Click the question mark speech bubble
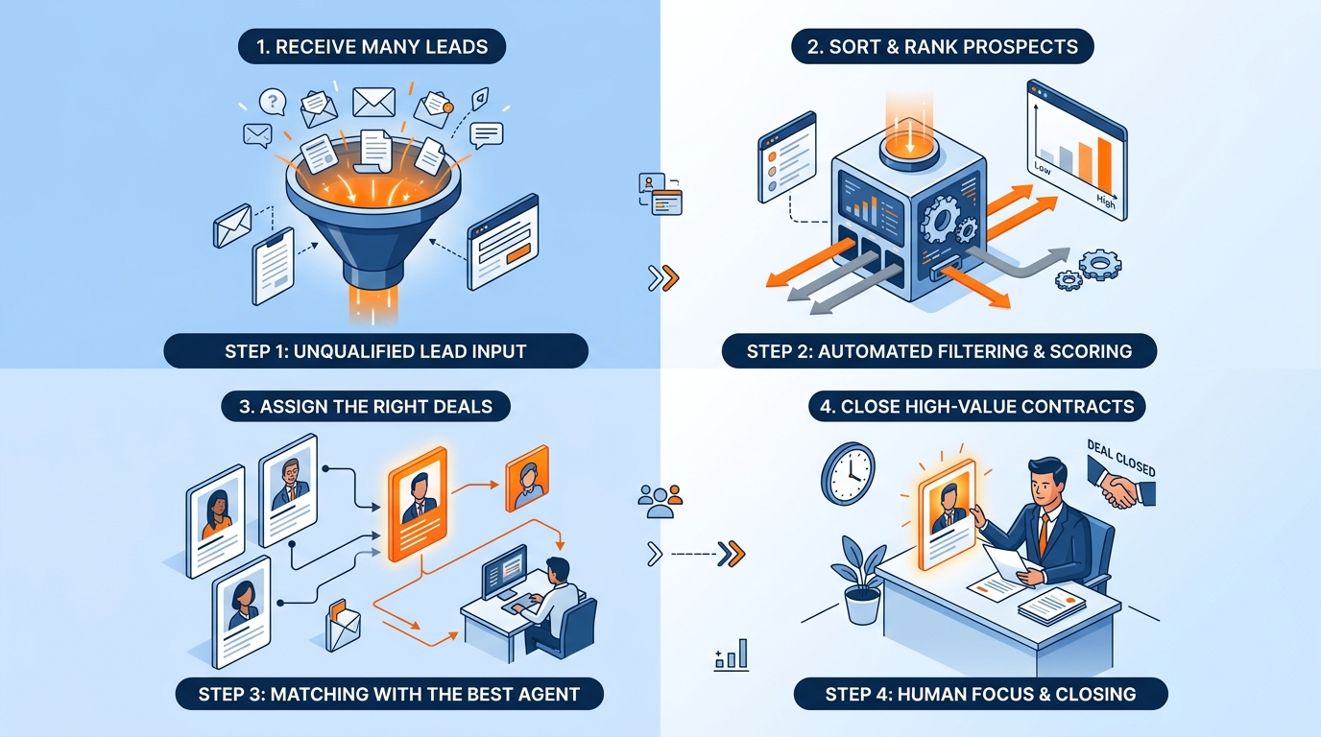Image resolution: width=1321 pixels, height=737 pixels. (273, 102)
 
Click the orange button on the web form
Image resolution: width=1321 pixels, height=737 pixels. (518, 253)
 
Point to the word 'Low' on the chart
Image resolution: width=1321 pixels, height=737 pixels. (1042, 169)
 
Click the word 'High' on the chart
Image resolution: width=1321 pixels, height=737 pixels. (1106, 202)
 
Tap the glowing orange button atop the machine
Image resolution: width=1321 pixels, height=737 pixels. (909, 145)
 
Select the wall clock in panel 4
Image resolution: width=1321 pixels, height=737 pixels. (848, 474)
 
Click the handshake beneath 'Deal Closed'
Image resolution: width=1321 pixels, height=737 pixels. (1121, 488)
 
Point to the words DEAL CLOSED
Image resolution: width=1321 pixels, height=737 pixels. (1121, 458)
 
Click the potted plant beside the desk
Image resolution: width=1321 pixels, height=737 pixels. (860, 581)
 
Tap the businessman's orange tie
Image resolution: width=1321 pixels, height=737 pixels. (1043, 535)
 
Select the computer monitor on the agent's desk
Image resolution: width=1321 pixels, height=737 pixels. (504, 571)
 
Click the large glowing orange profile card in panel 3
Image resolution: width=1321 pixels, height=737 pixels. (418, 504)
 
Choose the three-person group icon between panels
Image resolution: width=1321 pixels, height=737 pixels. (660, 501)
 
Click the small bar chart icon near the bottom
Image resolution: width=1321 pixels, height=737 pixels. (732, 654)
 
